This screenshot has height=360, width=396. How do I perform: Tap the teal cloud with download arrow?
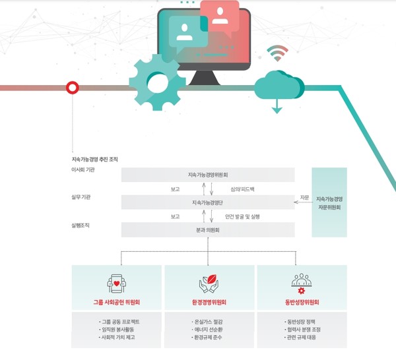point(276,87)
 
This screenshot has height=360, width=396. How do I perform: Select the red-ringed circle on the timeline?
point(72,87)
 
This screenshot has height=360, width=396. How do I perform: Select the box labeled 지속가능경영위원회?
point(207,175)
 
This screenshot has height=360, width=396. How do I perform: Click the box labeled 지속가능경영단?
point(207,202)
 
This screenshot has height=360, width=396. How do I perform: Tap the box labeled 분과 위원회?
point(207,229)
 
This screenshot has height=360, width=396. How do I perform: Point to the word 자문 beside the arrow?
point(304,197)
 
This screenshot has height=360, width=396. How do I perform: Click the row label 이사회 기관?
point(82,170)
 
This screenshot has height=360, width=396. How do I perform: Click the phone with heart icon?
point(116,284)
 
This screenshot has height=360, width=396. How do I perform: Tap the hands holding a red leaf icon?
point(209,284)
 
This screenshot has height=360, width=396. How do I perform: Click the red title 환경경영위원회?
point(209,303)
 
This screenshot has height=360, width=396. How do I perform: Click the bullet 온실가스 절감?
point(208,324)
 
